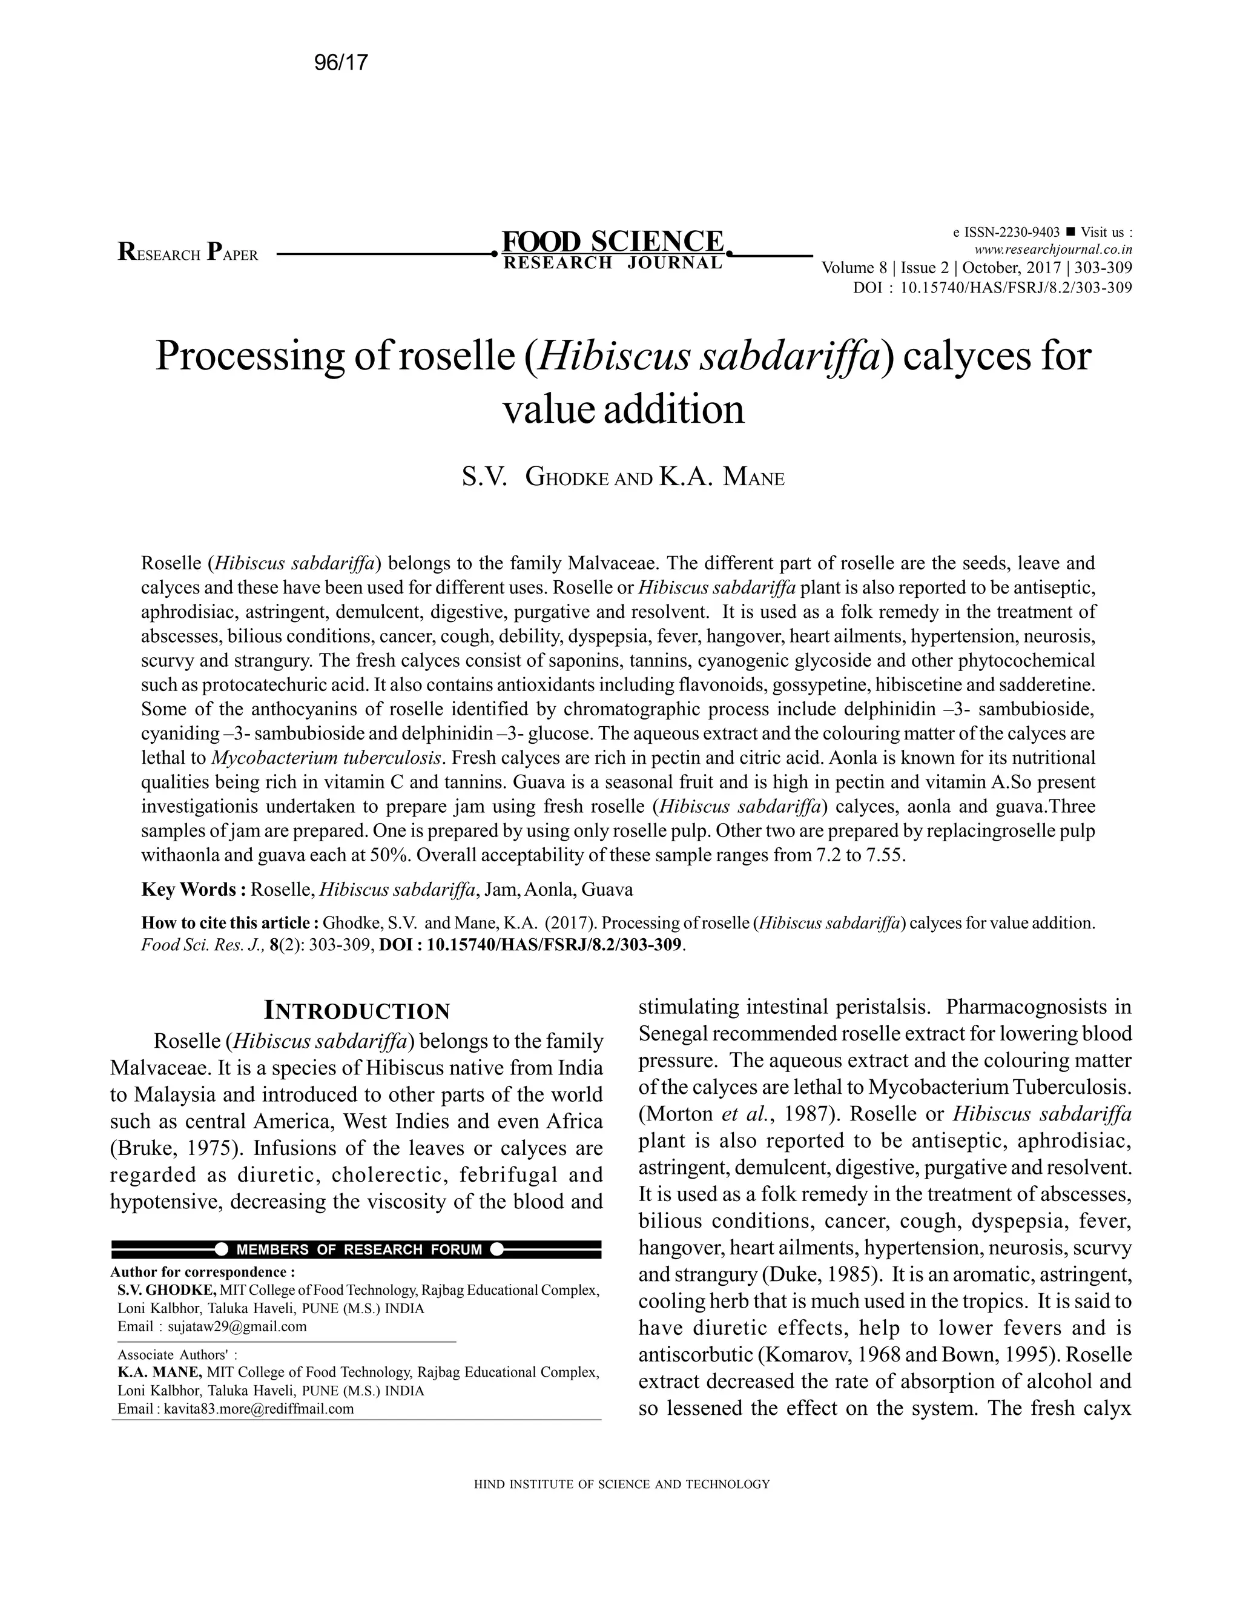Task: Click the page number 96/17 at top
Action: tap(340, 63)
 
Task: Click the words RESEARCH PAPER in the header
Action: tap(188, 254)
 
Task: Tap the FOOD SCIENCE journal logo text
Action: tap(613, 242)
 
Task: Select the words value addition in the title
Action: tap(623, 409)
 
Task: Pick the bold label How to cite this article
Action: tap(230, 923)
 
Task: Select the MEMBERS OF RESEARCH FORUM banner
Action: tap(359, 1249)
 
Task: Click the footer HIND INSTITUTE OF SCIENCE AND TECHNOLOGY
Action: tap(621, 1484)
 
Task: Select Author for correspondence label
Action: tap(203, 1271)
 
